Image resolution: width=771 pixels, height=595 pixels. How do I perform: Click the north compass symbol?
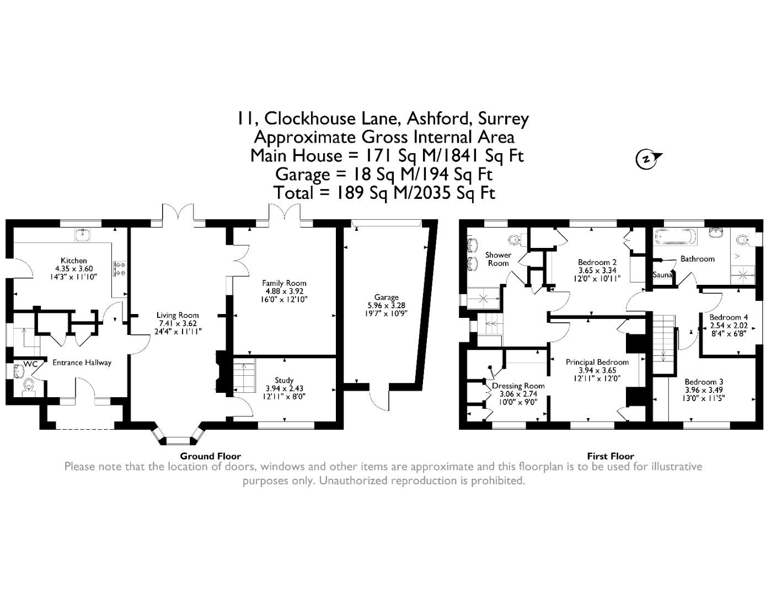pos(646,159)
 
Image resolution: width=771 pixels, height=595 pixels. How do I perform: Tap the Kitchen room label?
pos(73,261)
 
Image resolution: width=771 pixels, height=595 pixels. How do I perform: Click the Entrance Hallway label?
pos(82,363)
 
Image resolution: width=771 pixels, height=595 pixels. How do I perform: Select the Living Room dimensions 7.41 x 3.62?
pos(178,323)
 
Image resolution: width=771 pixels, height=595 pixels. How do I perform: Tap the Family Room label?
pos(284,283)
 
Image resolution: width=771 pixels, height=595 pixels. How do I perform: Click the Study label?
pos(284,380)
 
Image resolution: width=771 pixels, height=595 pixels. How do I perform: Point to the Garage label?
pos(386,297)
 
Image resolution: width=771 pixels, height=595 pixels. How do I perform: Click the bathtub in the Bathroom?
pos(674,238)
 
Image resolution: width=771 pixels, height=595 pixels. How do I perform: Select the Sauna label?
pos(662,275)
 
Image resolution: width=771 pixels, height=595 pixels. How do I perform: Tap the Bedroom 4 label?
pos(729,317)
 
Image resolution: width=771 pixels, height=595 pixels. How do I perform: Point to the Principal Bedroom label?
pos(597,363)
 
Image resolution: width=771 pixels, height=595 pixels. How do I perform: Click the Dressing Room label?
pos(518,386)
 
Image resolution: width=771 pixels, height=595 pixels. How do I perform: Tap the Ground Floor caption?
pos(210,456)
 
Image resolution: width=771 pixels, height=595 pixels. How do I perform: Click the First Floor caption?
pos(610,456)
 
